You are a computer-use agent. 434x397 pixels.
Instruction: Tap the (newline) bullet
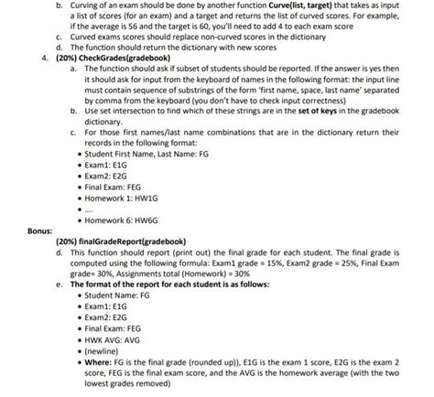103,349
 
